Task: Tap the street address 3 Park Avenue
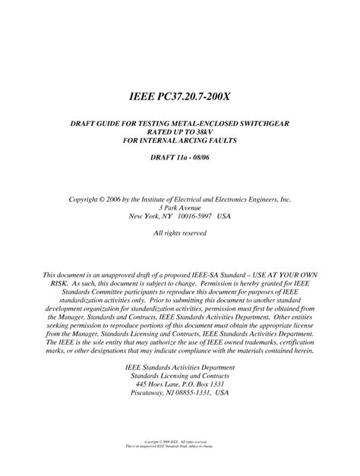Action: pos(180,208)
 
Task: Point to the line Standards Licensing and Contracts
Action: pos(180,375)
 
